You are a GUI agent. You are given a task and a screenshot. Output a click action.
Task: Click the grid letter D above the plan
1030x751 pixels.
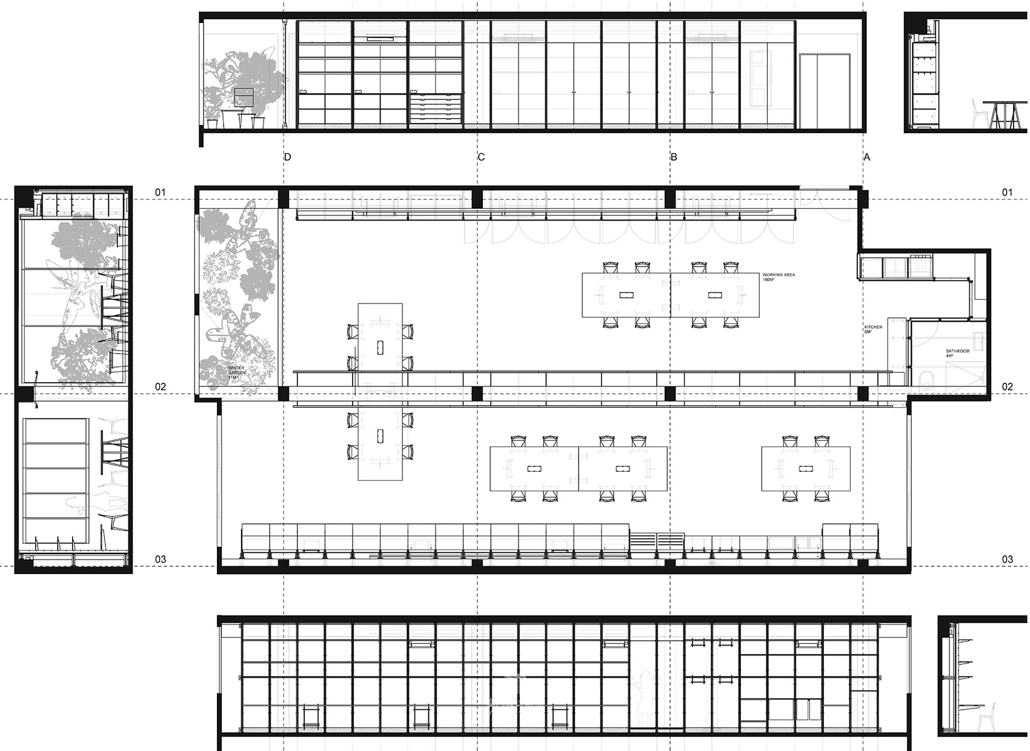288,157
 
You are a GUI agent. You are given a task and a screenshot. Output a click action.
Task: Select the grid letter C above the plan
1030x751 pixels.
481,157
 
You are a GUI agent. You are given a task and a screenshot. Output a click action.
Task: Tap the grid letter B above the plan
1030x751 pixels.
674,157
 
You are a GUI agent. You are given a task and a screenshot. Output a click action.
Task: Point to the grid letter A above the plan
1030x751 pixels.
867,157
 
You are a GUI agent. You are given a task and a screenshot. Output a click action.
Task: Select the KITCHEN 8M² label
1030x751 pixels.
873,329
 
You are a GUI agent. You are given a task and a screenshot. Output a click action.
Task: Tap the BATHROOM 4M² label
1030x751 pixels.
958,354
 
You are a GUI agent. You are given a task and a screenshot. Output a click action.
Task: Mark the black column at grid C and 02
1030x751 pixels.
477,394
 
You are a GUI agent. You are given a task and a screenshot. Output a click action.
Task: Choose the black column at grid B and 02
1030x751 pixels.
670,394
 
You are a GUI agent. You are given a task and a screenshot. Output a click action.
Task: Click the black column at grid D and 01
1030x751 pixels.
282,198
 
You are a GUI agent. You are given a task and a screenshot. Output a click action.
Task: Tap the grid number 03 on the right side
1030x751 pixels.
1007,560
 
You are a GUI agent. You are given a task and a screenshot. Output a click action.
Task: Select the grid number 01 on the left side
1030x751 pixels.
160,193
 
